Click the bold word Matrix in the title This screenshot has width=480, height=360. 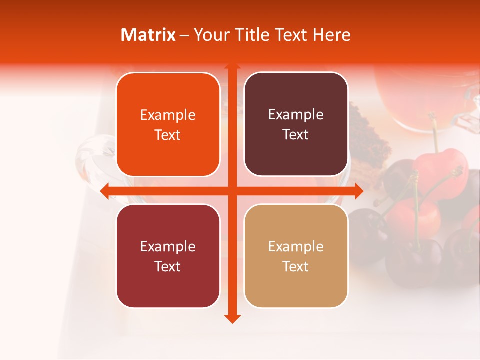coord(148,35)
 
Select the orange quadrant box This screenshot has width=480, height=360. coord(168,124)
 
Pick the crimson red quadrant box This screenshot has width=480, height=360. coord(168,256)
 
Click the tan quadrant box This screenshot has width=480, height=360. coord(296,256)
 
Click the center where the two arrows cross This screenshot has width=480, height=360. coord(232,191)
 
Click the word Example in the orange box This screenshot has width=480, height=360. coord(168,115)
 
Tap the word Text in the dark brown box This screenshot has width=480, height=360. coord(296,135)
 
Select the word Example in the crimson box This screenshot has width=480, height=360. coord(168,247)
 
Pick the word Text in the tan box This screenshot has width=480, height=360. coord(296,267)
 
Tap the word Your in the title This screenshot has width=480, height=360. coord(209,35)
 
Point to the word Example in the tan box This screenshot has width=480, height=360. coord(296,247)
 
